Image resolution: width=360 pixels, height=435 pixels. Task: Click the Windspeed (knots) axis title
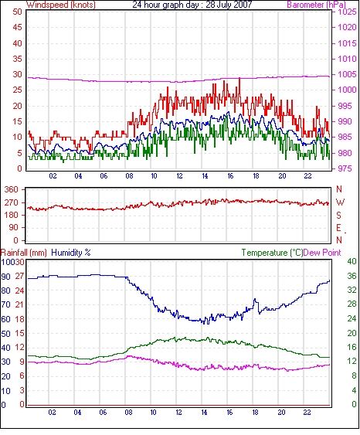click(61, 5)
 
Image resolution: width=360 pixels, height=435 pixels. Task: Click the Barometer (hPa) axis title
click(316, 5)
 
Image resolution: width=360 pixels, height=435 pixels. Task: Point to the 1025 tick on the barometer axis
click(347, 12)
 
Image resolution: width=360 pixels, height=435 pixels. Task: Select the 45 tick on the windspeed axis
click(17, 28)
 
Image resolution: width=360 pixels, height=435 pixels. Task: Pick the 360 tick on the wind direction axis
click(11, 190)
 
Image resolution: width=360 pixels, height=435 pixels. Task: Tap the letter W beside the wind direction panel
click(340, 202)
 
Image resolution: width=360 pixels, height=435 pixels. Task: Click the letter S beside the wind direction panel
click(338, 215)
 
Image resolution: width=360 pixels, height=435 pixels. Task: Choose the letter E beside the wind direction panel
click(338, 228)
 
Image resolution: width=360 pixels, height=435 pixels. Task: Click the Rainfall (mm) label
click(24, 253)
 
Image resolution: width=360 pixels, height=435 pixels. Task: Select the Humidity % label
click(71, 253)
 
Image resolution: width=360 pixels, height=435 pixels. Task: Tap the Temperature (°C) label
click(272, 253)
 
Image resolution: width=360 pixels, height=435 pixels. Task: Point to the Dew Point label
click(322, 253)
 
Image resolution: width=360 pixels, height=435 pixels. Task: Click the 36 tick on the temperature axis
click(352, 276)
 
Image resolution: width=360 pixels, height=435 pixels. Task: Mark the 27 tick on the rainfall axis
click(19, 277)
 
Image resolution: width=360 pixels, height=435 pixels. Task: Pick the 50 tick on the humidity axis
click(5, 334)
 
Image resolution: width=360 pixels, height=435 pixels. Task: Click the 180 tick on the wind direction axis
click(11, 215)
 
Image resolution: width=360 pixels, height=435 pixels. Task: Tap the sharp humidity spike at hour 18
click(255, 299)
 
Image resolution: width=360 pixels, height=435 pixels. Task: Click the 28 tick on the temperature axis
click(352, 304)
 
